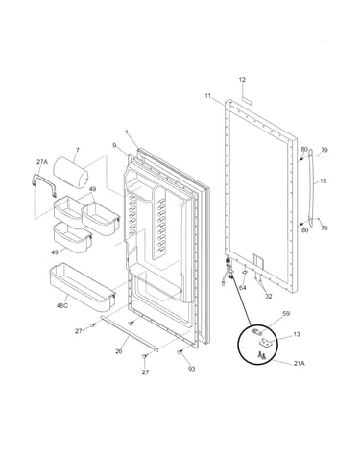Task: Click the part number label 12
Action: pos(242,80)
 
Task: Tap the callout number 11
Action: pos(208,95)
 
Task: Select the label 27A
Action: pos(41,162)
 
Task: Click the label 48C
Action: pos(62,305)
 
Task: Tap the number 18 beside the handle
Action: pos(324,181)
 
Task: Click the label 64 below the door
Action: pos(243,288)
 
